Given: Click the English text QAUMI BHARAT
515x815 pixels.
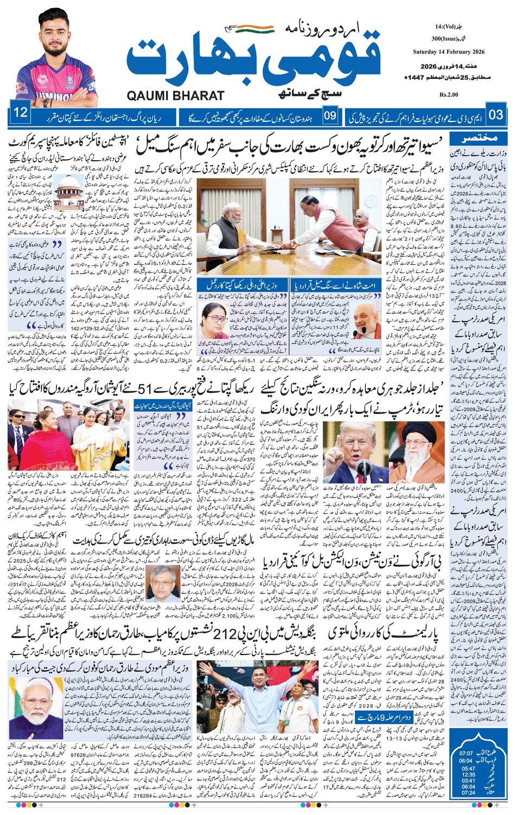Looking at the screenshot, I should pyautogui.click(x=175, y=95).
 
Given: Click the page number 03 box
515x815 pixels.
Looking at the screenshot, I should pyautogui.click(x=495, y=114).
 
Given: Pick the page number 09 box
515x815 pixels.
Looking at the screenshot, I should pyautogui.click(x=330, y=115).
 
